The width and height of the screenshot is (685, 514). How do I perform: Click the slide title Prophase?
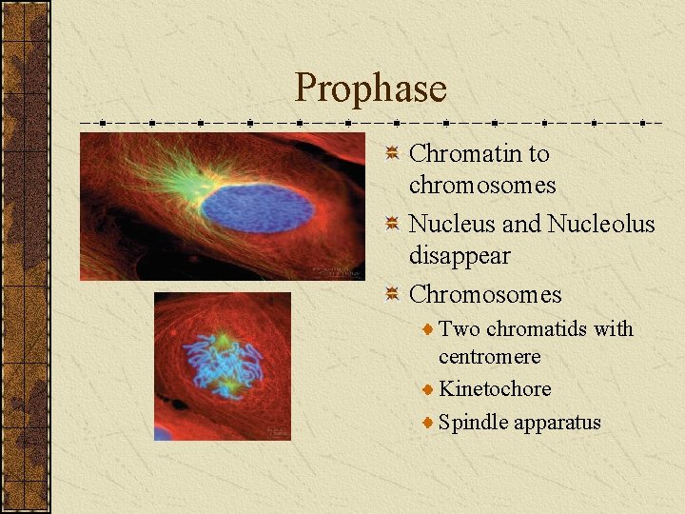click(x=370, y=89)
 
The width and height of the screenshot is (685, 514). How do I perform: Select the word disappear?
click(x=459, y=256)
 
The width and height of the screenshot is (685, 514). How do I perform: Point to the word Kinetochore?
click(x=495, y=388)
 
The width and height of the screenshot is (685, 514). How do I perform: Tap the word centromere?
click(x=489, y=357)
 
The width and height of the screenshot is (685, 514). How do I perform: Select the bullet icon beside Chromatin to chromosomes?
click(x=392, y=153)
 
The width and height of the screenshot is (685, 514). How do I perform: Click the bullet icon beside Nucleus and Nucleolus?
click(x=392, y=224)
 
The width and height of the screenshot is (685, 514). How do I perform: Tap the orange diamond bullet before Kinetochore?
click(x=429, y=389)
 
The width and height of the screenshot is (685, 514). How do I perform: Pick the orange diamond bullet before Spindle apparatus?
click(x=429, y=422)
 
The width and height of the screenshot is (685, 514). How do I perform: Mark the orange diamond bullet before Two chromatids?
click(x=429, y=329)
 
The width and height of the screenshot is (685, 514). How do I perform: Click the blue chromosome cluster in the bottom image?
click(x=223, y=364)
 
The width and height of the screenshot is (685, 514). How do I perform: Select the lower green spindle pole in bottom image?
click(x=228, y=387)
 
